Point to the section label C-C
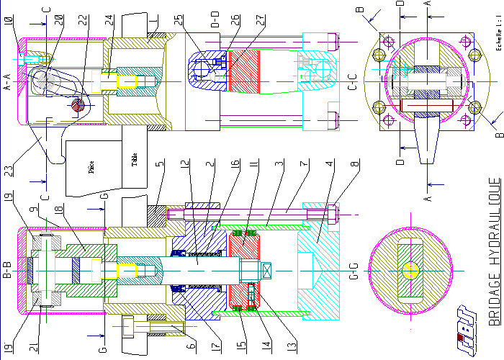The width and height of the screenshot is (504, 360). pos(353,84)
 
